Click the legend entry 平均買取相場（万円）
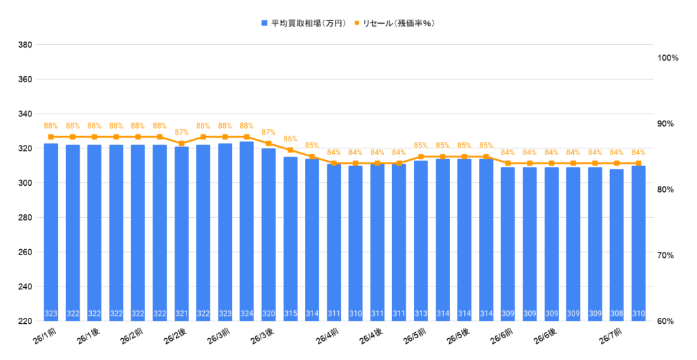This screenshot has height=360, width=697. [x=304, y=23]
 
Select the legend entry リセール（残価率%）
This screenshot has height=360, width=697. [x=394, y=23]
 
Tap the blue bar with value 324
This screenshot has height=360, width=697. [x=246, y=231]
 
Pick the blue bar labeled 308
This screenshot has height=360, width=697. [x=617, y=245]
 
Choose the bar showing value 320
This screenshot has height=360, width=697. [x=268, y=235]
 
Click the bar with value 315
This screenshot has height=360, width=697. [x=290, y=239]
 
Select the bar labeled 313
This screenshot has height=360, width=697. [x=421, y=240]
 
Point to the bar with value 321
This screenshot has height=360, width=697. [x=181, y=234]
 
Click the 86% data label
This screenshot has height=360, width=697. [x=290, y=139]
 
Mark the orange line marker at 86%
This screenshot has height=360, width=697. [x=290, y=150]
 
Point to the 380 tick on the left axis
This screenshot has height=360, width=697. [x=25, y=45]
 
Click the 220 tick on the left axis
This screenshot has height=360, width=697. [x=25, y=321]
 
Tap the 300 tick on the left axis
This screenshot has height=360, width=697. [x=25, y=183]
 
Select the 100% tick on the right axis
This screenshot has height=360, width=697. [x=668, y=59]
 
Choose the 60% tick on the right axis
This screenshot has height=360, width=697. [x=666, y=321]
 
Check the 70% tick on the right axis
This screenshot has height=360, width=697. [x=666, y=255]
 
